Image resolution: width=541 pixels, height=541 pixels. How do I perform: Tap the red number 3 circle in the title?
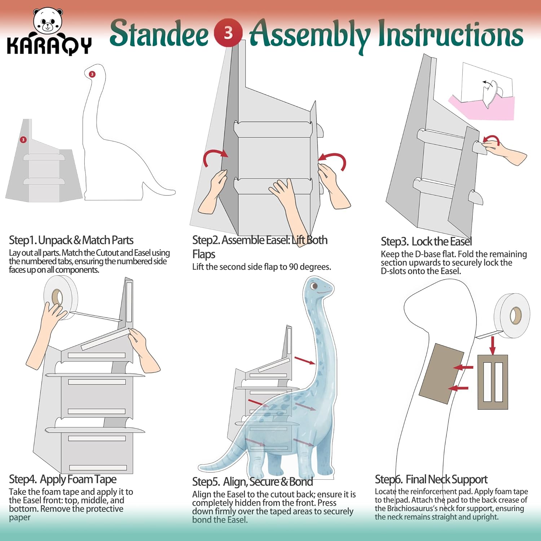click(228, 33)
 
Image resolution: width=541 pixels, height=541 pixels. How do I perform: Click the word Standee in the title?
click(159, 34)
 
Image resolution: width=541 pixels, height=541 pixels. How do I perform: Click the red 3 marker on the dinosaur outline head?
click(92, 74)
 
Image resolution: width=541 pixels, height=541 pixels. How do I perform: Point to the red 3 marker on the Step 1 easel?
click(23, 140)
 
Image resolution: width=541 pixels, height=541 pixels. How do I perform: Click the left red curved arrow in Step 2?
click(214, 157)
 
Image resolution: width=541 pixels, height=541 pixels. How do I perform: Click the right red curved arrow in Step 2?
click(334, 160)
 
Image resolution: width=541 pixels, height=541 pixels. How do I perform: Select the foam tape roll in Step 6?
click(512, 315)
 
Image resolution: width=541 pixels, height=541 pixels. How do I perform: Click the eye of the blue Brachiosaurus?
click(314, 286)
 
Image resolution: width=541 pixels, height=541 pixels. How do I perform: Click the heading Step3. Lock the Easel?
click(426, 241)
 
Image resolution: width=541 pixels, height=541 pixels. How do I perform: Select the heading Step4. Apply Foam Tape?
click(63, 479)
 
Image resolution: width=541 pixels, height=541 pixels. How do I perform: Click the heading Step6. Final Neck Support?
click(431, 479)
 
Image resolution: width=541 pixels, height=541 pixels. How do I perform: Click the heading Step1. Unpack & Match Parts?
click(71, 240)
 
